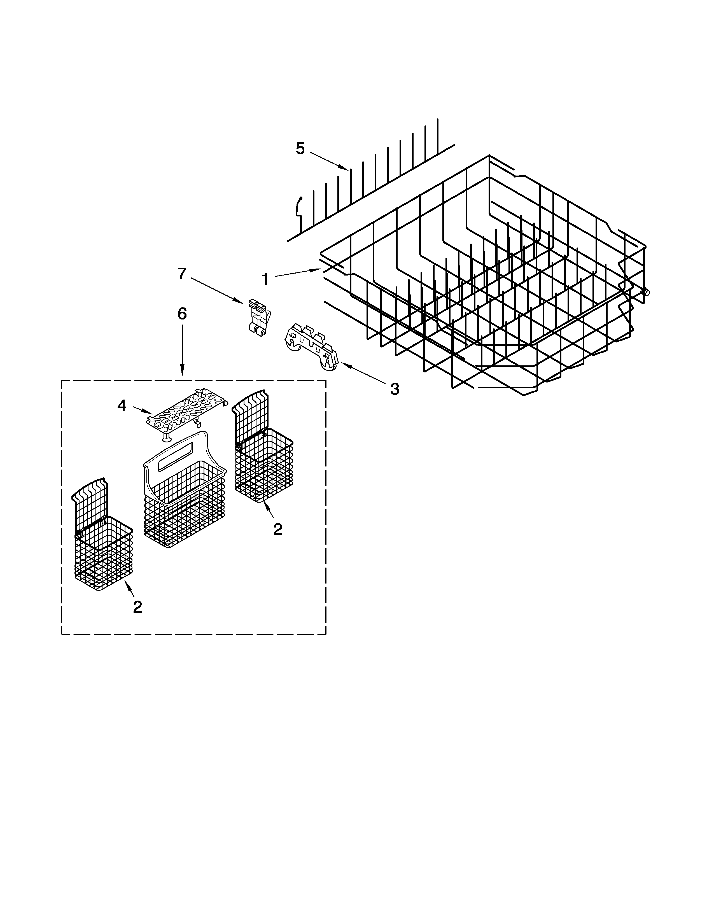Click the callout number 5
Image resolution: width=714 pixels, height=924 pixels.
point(300,148)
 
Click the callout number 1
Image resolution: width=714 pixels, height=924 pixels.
point(265,279)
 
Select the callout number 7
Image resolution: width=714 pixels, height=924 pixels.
point(182,274)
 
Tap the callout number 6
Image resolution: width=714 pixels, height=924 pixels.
point(182,314)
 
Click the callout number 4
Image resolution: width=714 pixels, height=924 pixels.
point(122,406)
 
